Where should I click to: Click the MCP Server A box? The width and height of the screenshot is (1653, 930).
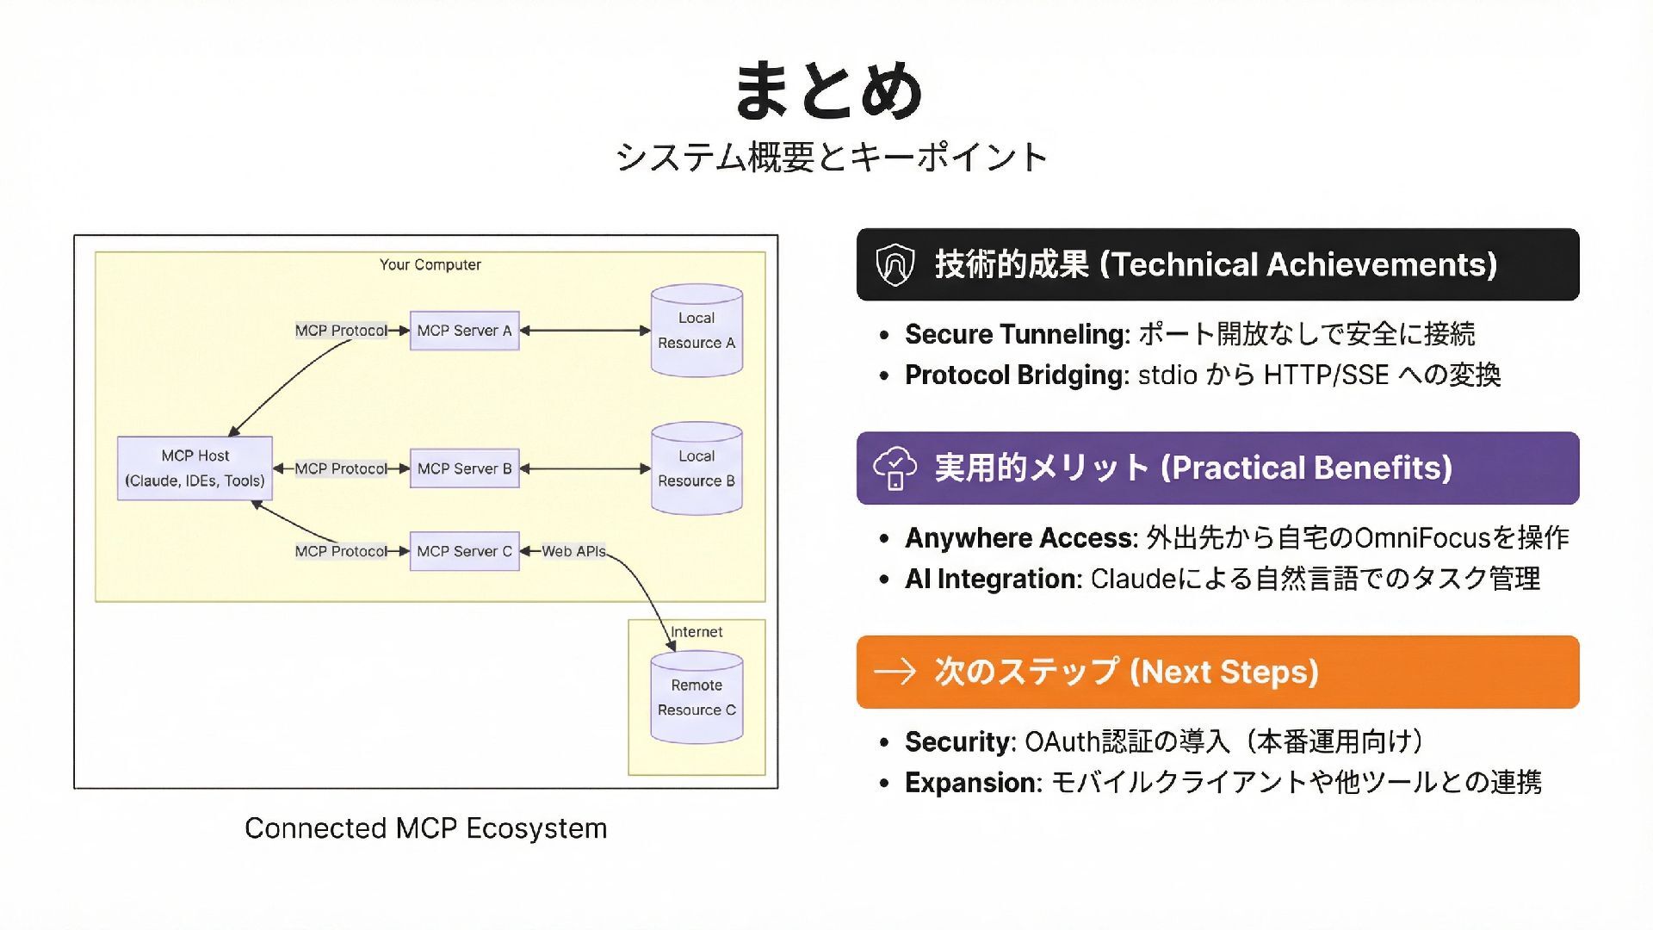pyautogui.click(x=464, y=331)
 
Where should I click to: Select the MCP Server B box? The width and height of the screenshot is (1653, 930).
pyautogui.click(x=464, y=468)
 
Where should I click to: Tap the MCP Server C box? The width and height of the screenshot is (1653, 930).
pyautogui.click(x=464, y=551)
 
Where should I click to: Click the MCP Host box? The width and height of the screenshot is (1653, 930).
pyautogui.click(x=195, y=468)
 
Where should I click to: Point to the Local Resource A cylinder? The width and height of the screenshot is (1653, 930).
pyautogui.click(x=696, y=331)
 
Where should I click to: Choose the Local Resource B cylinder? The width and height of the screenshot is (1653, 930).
pyautogui.click(x=696, y=468)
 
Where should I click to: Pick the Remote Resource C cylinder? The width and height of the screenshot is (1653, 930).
pyautogui.click(x=696, y=697)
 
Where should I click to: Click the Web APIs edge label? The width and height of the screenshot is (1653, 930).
pyautogui.click(x=573, y=551)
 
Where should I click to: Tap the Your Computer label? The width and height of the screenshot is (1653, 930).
pyautogui.click(x=430, y=264)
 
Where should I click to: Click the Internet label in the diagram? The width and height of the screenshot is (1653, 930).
pyautogui.click(x=696, y=632)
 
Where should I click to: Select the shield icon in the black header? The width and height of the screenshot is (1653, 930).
pyautogui.click(x=895, y=264)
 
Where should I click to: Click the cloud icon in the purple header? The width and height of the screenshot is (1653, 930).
pyautogui.click(x=895, y=468)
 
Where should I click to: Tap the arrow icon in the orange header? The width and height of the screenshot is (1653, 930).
pyautogui.click(x=895, y=672)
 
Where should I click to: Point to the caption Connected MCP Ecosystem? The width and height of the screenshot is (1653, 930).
pyautogui.click(x=426, y=828)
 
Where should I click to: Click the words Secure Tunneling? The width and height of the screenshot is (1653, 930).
pyautogui.click(x=1017, y=334)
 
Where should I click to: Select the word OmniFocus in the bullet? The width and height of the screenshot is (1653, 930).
pyautogui.click(x=1421, y=538)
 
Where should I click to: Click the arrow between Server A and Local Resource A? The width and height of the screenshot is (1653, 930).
pyautogui.click(x=585, y=331)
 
